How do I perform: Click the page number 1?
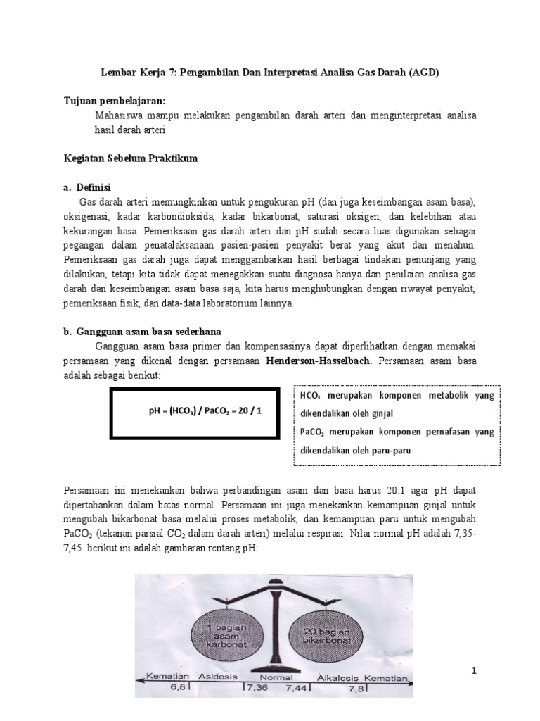click(474, 670)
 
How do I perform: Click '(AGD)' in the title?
click(423, 73)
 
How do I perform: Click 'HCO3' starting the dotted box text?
click(310, 396)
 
